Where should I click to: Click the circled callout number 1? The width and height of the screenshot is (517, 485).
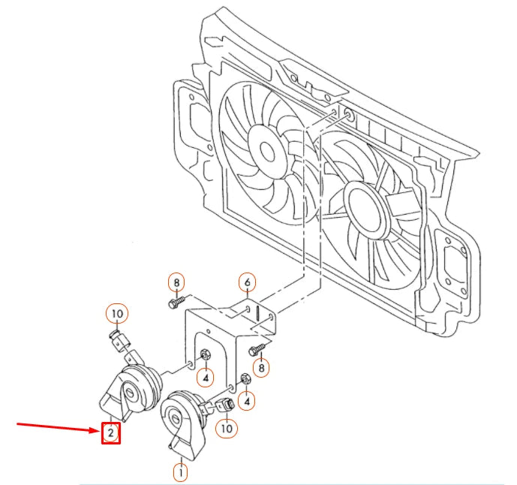point(180,472)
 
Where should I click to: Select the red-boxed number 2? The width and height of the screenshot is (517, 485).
point(111,433)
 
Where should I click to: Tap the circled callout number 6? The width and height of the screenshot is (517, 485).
point(248,283)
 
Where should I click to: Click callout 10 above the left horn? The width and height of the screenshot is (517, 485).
point(118,313)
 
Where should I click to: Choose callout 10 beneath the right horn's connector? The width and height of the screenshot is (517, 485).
point(225,428)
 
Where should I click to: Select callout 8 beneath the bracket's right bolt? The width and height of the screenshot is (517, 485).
point(261,368)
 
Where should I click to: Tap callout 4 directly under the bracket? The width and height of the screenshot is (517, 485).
point(205,375)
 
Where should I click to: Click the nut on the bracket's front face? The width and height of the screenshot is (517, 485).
point(205,355)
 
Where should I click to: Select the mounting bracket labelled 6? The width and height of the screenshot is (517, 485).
point(225,330)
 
